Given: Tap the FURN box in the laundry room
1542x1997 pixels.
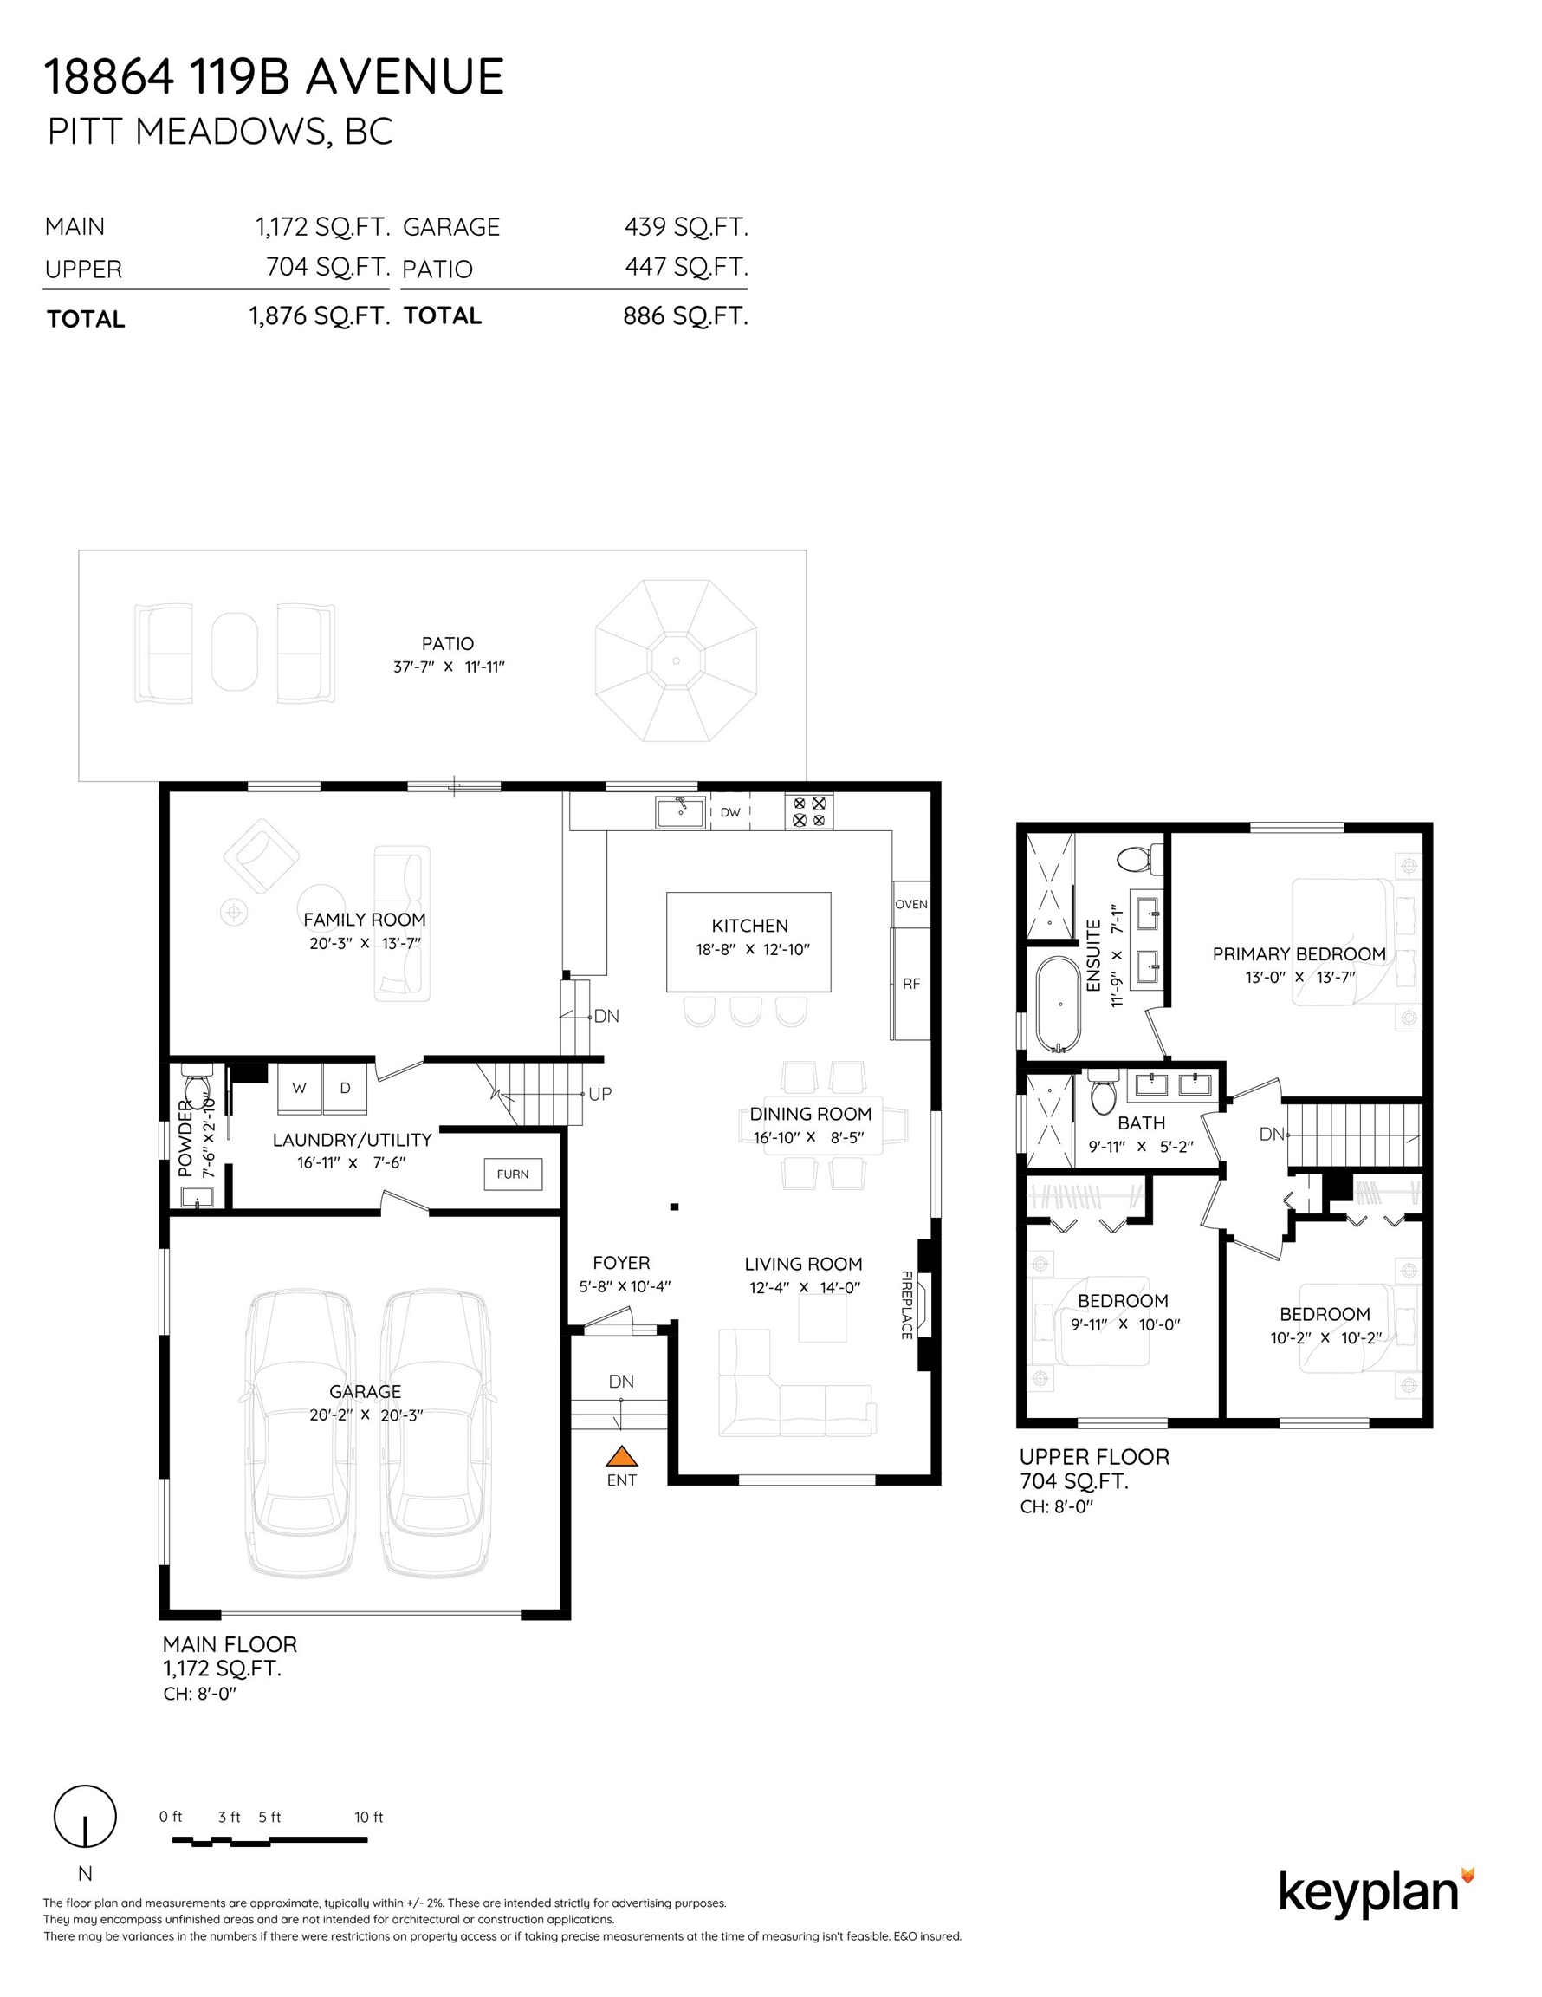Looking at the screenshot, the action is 513,1174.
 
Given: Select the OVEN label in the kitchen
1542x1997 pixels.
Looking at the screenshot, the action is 911,904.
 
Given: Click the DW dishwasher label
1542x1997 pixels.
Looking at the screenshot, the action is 730,812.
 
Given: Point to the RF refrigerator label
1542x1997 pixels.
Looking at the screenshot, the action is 911,984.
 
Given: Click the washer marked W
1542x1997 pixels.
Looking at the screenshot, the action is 300,1088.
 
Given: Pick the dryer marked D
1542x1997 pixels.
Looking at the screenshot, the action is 346,1088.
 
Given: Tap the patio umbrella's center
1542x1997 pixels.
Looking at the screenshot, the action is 677,660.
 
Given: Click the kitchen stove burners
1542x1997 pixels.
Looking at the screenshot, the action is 809,811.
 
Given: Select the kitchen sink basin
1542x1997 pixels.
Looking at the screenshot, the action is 681,811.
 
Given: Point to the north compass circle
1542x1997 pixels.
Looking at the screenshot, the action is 85,1816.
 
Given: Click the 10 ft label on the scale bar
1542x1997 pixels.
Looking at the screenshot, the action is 368,1817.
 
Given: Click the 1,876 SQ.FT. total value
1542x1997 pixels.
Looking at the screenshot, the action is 320,316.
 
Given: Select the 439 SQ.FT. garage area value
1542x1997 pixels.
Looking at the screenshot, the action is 686,227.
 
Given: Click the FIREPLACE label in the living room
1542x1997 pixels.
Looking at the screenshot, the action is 907,1304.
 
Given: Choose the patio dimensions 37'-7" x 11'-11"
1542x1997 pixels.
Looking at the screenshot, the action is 449,667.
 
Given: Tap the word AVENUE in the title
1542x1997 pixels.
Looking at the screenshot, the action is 404,76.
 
